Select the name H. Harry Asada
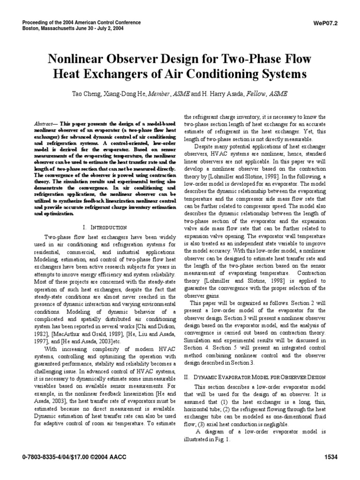click(x=213, y=94)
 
